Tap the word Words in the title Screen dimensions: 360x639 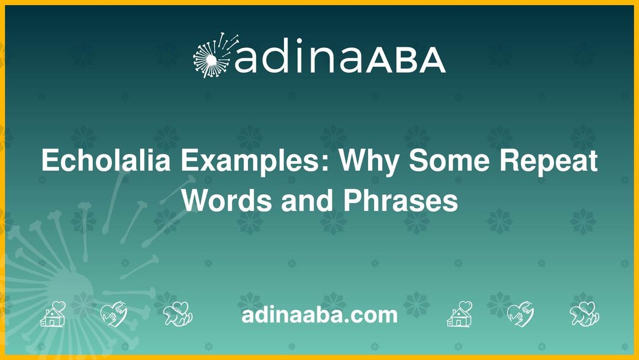click(x=218, y=201)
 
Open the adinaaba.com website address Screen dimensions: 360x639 click(x=319, y=314)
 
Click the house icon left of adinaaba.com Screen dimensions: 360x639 click(x=53, y=314)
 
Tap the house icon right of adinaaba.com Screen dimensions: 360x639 click(x=459, y=314)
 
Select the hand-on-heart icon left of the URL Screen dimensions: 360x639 click(x=114, y=314)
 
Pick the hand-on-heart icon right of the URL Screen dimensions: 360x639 click(x=521, y=314)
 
